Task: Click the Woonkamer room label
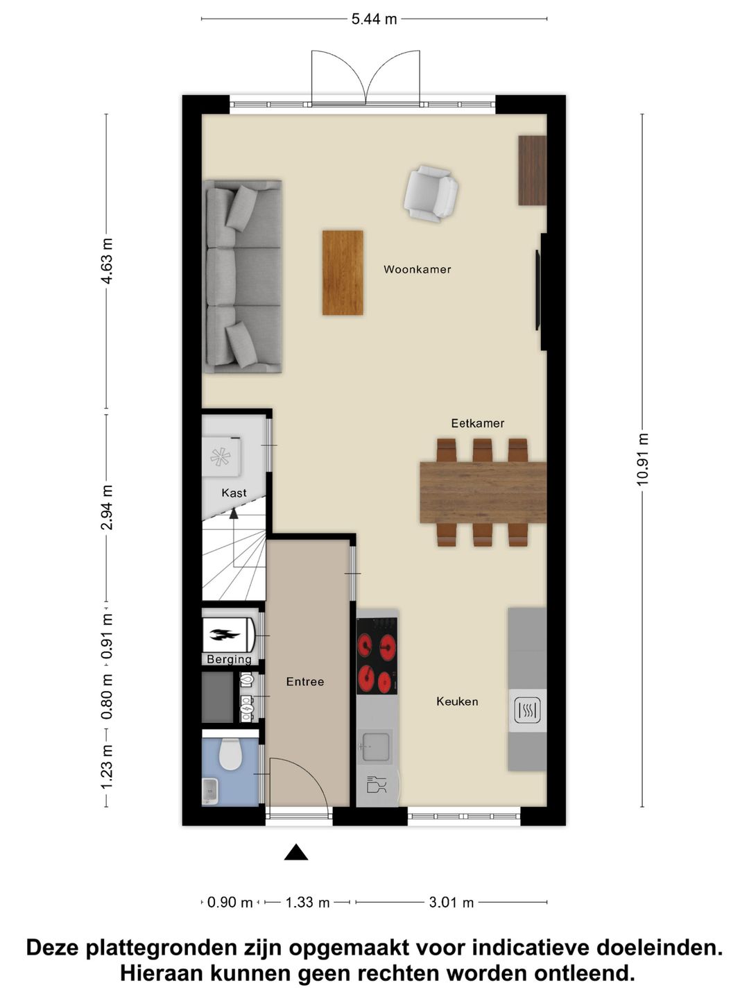[417, 269]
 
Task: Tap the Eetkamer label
[477, 422]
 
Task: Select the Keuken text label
[457, 701]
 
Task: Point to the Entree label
[305, 682]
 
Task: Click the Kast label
[234, 493]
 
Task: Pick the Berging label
[229, 659]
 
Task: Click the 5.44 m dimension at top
[374, 19]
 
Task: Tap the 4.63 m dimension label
[106, 261]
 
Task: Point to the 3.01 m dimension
[451, 903]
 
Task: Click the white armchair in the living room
[431, 193]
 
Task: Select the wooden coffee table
[343, 273]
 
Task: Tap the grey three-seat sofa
[243, 277]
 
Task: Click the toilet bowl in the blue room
[229, 755]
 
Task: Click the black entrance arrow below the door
[296, 853]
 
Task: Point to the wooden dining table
[483, 492]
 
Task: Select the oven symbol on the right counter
[527, 710]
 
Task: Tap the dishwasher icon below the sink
[377, 786]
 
